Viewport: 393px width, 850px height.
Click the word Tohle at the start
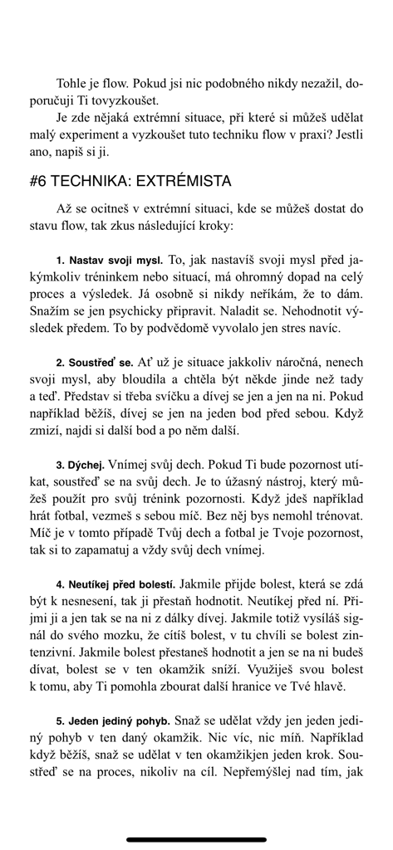(x=73, y=84)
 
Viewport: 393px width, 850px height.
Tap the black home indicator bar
(x=196, y=839)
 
